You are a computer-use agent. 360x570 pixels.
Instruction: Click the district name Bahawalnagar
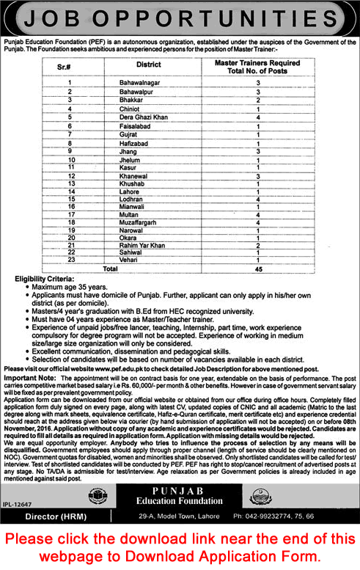[x=140, y=84]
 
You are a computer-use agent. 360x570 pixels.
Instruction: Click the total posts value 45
[x=258, y=269]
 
